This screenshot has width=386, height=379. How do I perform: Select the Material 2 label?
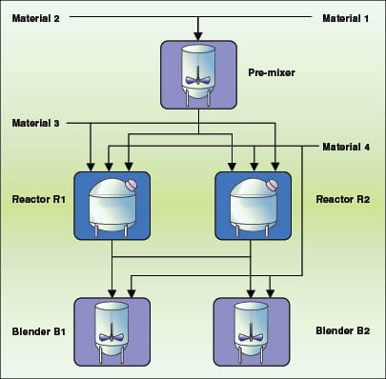click(36, 18)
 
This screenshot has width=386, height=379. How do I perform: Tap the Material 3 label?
click(36, 124)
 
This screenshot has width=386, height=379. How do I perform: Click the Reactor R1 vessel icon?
click(112, 204)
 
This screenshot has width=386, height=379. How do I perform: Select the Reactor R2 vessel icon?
click(252, 204)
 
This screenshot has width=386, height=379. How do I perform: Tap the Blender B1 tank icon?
click(112, 332)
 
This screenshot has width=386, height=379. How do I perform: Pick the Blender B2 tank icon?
click(252, 332)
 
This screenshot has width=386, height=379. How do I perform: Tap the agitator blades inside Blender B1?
click(112, 336)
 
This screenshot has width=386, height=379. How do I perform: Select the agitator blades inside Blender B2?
click(252, 336)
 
